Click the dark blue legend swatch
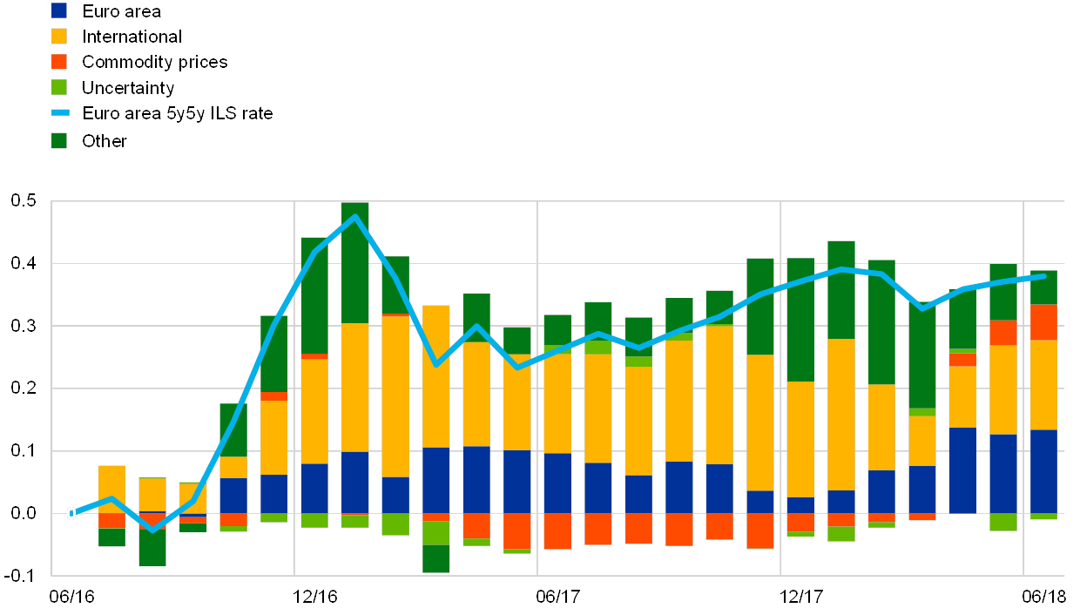click(59, 10)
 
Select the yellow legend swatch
click(59, 36)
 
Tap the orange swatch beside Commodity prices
click(59, 62)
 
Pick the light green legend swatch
click(59, 87)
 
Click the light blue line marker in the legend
click(59, 112)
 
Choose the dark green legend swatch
click(59, 139)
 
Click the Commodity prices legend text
click(155, 62)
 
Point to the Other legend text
click(105, 139)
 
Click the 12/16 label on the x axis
click(314, 597)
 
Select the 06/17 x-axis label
click(558, 597)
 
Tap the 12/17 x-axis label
click(801, 597)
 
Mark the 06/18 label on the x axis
click(1044, 597)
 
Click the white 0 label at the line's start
click(71, 514)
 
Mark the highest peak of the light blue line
click(354, 216)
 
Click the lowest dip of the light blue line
click(153, 530)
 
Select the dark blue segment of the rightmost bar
click(1043, 471)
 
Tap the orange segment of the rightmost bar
click(1043, 322)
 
